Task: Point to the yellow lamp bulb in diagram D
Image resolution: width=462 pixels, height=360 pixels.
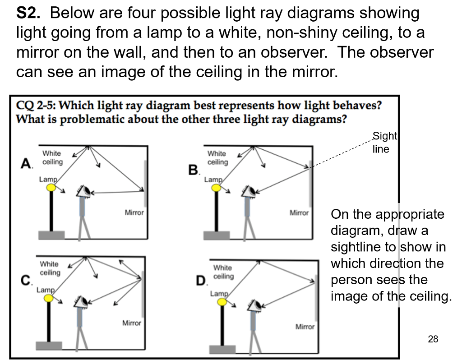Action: [x=222, y=301]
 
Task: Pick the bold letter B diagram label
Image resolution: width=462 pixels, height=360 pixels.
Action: [x=193, y=171]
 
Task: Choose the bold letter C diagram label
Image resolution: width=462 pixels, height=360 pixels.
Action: [x=26, y=280]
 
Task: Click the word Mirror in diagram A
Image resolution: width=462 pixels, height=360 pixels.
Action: [x=134, y=212]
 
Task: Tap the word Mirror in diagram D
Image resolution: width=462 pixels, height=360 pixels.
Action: [x=305, y=327]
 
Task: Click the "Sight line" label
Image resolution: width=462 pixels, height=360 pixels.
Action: [x=384, y=143]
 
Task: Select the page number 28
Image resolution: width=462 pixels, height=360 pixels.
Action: [x=433, y=339]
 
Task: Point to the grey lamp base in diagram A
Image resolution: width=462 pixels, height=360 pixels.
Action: [x=51, y=235]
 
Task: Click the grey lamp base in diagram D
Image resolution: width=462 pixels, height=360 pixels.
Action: [x=222, y=349]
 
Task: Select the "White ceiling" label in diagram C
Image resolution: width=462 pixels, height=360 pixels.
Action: [x=50, y=268]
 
